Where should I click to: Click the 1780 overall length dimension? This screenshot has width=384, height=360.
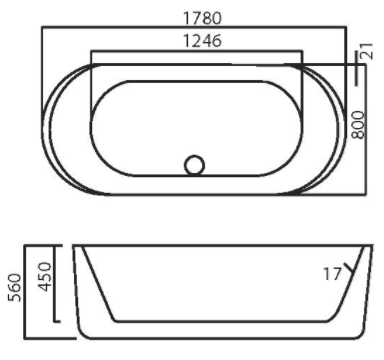pyautogui.click(x=202, y=18)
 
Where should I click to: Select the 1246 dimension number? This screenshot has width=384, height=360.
pyautogui.click(x=202, y=41)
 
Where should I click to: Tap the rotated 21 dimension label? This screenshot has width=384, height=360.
pyautogui.click(x=366, y=51)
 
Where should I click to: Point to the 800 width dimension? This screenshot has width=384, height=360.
pyautogui.click(x=358, y=125)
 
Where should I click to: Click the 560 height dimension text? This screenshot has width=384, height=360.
pyautogui.click(x=15, y=287)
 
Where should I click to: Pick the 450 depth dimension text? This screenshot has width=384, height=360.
pyautogui.click(x=45, y=276)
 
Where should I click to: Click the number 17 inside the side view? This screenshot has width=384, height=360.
pyautogui.click(x=332, y=274)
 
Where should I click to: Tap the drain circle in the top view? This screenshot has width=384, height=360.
pyautogui.click(x=194, y=165)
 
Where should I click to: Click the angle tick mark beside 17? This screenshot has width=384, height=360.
pyautogui.click(x=349, y=269)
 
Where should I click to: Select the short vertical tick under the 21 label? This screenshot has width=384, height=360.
pyautogui.click(x=357, y=68)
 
